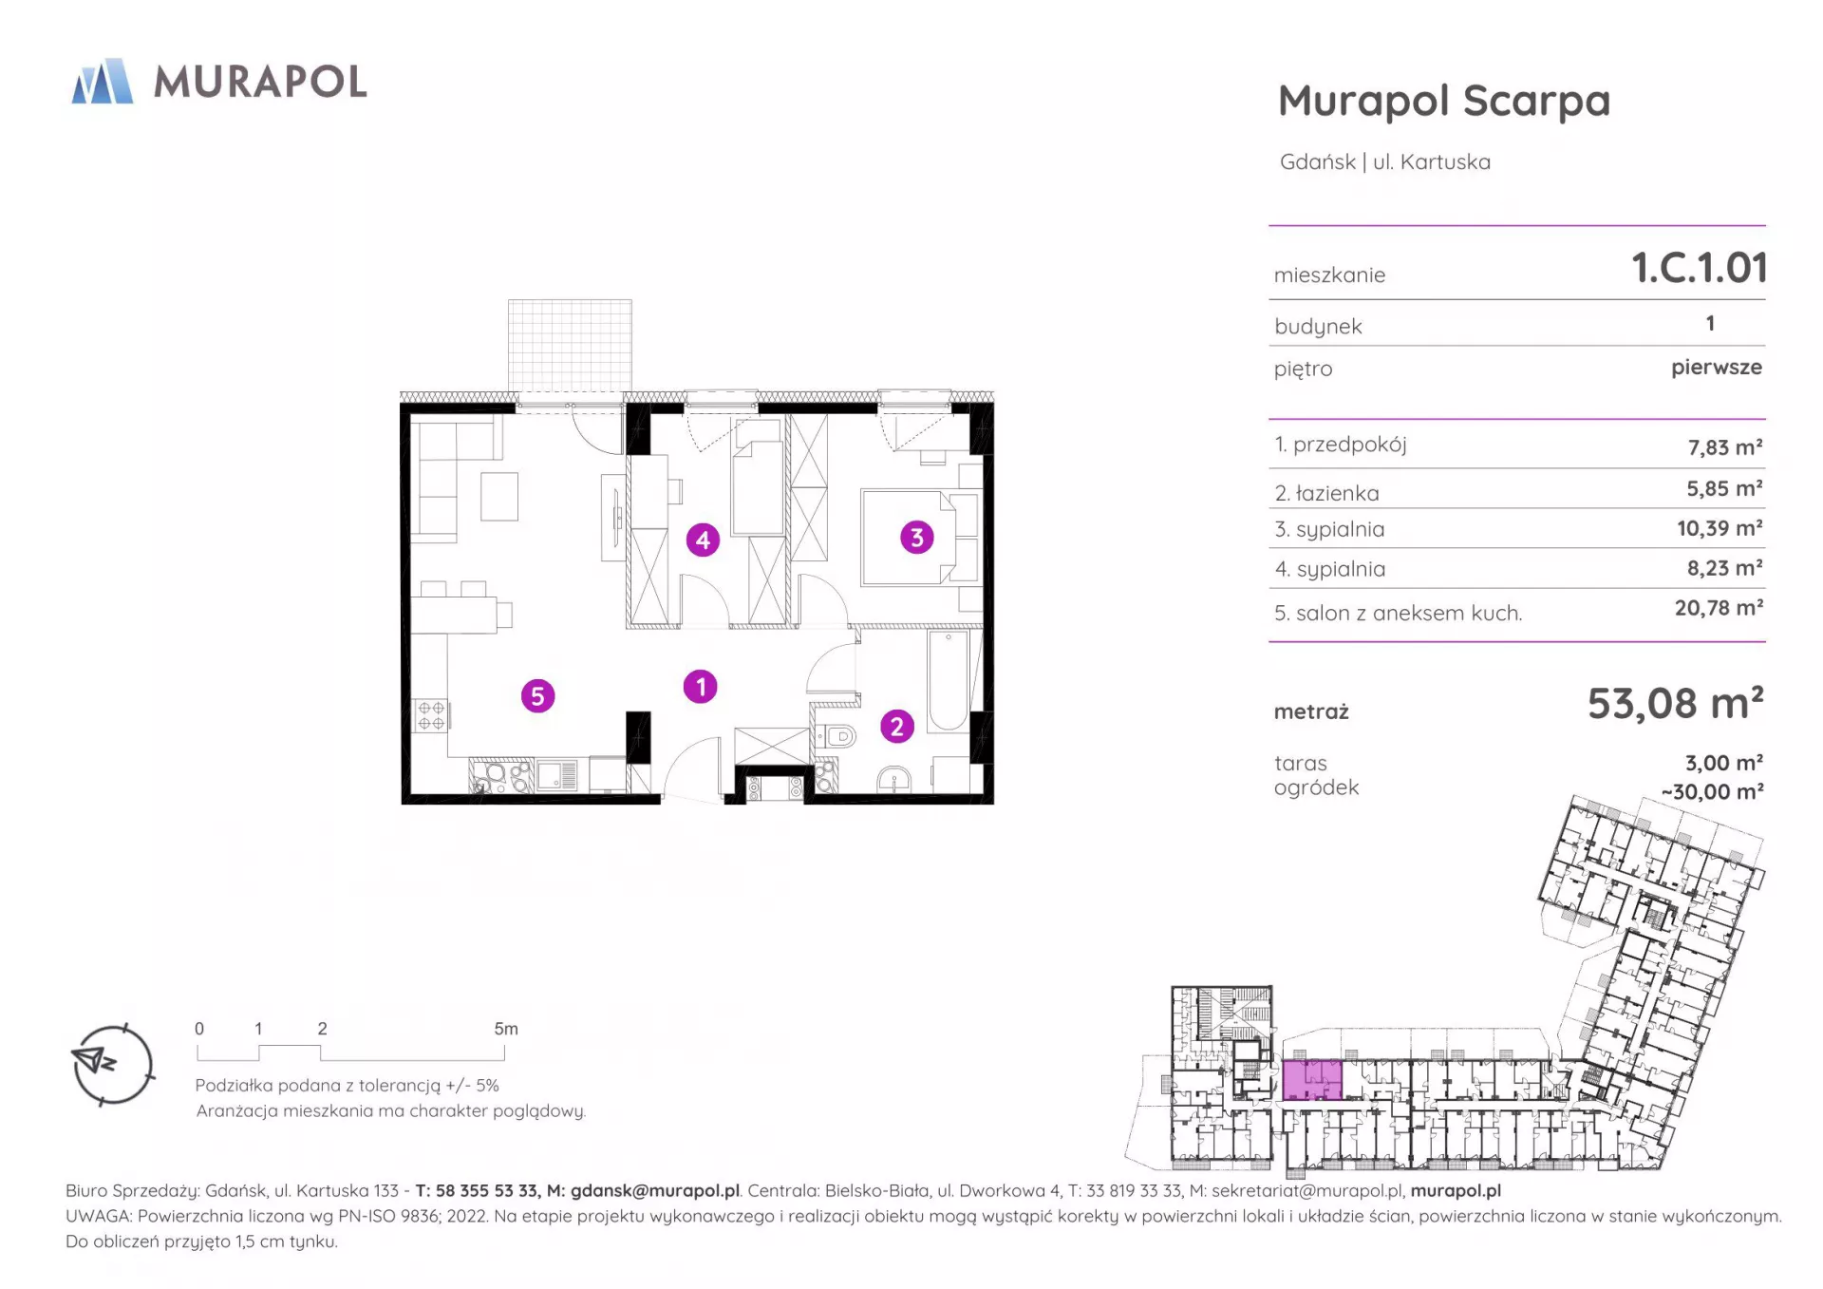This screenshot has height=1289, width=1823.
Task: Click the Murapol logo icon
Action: [103, 81]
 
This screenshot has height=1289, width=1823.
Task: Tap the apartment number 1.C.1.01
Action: [1699, 268]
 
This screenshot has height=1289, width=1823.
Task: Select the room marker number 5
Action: [537, 696]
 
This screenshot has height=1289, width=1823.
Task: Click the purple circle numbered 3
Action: [916, 538]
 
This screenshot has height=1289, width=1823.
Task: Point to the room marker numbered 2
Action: [896, 727]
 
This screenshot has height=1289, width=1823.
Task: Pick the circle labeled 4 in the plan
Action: [703, 540]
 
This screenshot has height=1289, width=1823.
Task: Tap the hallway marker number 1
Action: [701, 687]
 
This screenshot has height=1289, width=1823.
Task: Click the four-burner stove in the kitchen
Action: [431, 715]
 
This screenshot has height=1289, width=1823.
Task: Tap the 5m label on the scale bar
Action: [506, 1029]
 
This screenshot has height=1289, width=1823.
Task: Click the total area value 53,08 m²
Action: [1676, 704]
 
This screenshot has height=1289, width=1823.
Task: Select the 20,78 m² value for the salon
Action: [1719, 608]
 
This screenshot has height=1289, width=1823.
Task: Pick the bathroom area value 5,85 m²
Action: [1724, 488]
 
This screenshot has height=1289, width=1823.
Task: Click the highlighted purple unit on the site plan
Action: [1312, 1080]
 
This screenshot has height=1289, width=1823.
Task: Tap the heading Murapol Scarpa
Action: [1444, 101]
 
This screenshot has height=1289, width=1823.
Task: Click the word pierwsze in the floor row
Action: [1717, 368]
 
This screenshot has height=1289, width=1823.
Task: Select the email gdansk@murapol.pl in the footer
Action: [654, 1190]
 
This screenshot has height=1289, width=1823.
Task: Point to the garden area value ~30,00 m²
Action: [1712, 791]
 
